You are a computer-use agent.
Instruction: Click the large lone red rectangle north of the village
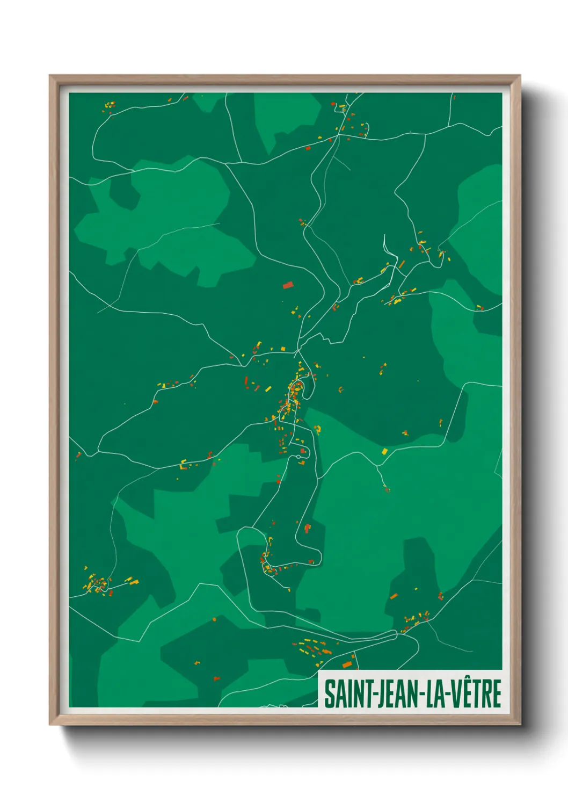(x=288, y=285)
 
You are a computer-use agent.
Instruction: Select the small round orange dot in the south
(x=214, y=619)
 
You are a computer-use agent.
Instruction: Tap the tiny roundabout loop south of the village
(x=298, y=458)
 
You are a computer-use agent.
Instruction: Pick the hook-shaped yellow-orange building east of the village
(x=317, y=429)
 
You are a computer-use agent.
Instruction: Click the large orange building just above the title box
(x=347, y=665)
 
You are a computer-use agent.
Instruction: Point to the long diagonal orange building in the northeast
(x=402, y=264)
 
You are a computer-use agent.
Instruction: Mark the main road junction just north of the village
(x=297, y=352)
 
